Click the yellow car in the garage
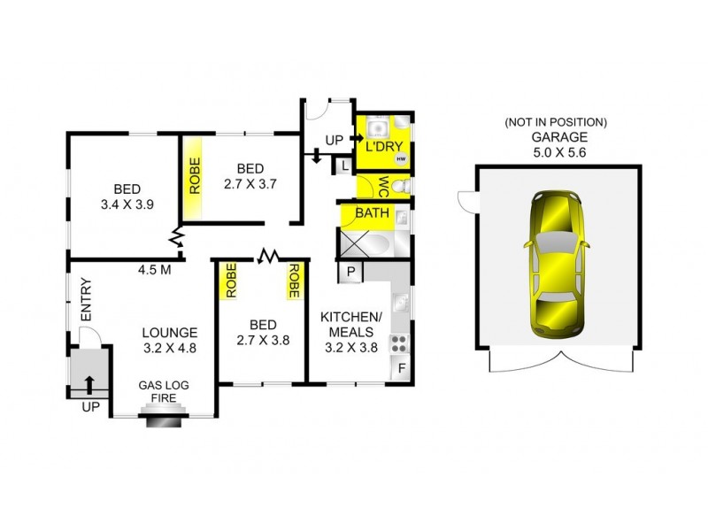(554, 264)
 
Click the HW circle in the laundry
(401, 159)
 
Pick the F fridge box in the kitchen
(401, 367)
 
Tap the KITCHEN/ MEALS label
(350, 325)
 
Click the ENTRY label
(86, 300)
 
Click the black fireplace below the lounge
(161, 422)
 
